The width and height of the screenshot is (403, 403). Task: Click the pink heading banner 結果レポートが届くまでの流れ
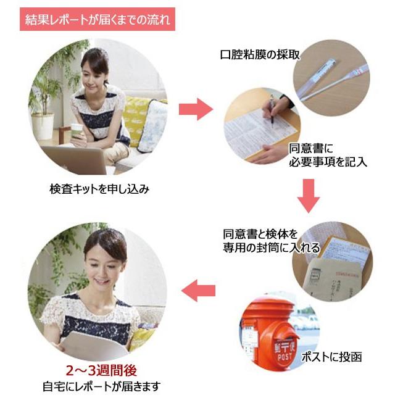pos(98,19)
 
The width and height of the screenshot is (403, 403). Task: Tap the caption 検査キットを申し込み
pos(99,189)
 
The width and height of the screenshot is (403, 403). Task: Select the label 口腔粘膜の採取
pos(260,54)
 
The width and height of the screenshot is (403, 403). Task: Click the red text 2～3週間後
pos(101,370)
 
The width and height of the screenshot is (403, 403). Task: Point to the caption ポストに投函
pos(332,357)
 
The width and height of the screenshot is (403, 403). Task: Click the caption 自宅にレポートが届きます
pos(102,386)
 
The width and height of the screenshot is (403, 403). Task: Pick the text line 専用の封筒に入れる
pos(272,247)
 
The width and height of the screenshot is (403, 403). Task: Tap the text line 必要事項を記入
pos(328,162)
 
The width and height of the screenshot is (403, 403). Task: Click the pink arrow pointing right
pos(196,109)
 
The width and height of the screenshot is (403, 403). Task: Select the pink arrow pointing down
pos(309,196)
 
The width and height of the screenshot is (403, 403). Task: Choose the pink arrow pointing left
pos(198,291)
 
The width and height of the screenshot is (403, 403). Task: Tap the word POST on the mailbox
pos(285,357)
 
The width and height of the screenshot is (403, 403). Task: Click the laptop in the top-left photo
pos(75,159)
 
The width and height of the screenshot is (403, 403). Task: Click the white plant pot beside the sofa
pos(43,127)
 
